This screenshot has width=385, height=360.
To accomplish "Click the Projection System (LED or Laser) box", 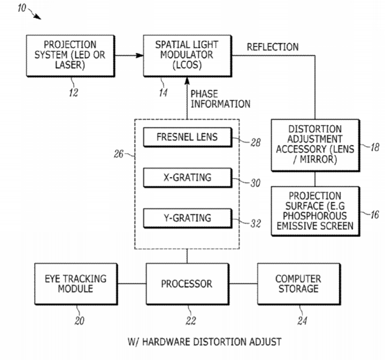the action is (71, 56).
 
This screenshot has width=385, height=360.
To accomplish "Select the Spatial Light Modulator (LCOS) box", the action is (187, 56).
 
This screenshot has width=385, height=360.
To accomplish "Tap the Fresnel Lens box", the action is (187, 137).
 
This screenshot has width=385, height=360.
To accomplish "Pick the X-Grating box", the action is (187, 178).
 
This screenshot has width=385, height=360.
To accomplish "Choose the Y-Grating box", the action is (187, 218).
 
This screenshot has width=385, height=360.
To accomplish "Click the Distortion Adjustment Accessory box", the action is (315, 145).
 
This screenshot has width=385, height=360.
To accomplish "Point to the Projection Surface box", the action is (315, 211).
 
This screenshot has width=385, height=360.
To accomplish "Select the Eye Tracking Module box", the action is (76, 284).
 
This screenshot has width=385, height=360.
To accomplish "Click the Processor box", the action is (187, 284).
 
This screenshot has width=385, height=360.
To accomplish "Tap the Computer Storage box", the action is (299, 284).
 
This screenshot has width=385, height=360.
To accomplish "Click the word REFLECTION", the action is (273, 47).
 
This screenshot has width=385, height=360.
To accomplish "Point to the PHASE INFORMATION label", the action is (220, 99).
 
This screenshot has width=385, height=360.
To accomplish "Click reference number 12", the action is (73, 93).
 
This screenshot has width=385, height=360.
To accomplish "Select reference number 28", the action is (256, 143).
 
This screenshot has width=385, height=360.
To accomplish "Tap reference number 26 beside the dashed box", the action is (118, 154).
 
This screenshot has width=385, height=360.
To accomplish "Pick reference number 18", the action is (375, 147).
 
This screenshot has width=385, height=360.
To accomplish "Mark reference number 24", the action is (302, 321).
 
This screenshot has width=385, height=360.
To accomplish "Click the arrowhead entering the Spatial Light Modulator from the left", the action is (139, 56).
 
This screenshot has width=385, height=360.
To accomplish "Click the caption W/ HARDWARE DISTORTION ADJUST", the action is (204, 342).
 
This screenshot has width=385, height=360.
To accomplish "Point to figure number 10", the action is (21, 8).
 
